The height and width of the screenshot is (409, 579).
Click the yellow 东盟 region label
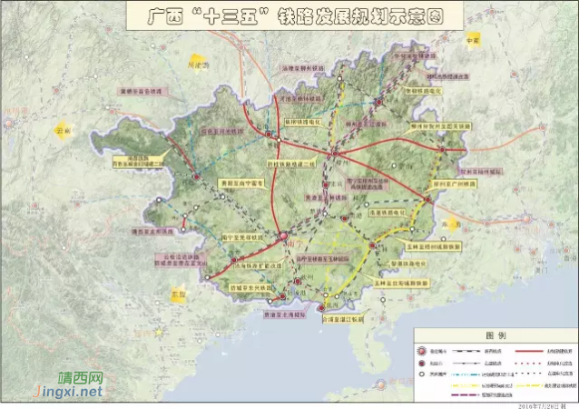[177, 294]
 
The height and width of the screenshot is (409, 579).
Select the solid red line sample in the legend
[535, 349]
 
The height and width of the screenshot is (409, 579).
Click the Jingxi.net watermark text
[68, 392]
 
